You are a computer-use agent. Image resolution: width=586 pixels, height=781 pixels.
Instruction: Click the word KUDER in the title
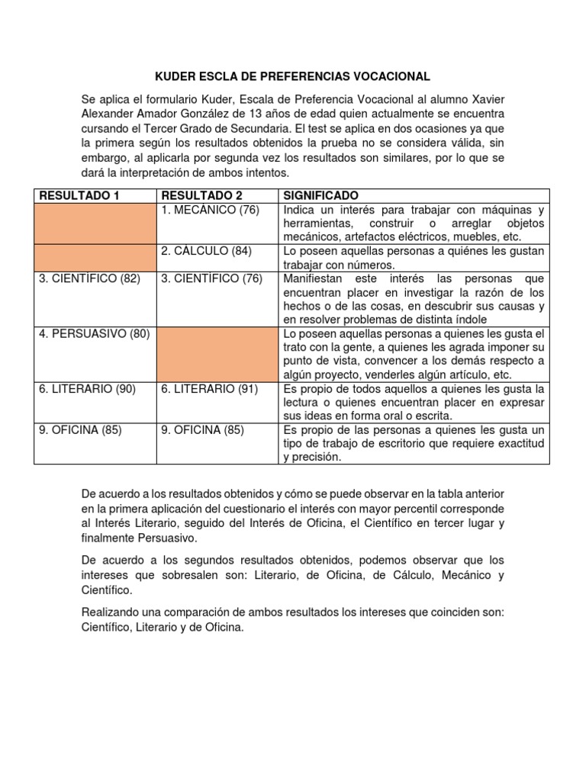(x=175, y=76)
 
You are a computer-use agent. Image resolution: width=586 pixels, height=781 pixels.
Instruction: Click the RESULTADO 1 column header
(x=79, y=196)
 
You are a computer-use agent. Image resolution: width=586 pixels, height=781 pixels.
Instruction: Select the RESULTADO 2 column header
(x=201, y=196)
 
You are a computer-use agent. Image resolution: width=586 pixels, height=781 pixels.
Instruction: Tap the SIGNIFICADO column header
(x=320, y=196)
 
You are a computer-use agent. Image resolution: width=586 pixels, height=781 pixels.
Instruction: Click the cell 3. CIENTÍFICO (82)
(x=89, y=278)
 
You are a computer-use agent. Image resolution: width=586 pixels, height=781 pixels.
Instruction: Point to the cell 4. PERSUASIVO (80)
(x=95, y=333)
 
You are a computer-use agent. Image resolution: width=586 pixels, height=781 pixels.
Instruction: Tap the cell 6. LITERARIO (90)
(x=87, y=388)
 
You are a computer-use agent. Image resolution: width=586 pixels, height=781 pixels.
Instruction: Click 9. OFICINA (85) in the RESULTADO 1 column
(x=80, y=429)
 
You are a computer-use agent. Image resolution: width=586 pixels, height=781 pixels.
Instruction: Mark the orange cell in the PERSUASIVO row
(x=217, y=354)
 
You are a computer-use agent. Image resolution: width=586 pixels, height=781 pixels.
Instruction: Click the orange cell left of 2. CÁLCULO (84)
(x=95, y=258)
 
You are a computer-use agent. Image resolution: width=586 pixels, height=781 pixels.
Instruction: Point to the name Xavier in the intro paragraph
(x=487, y=101)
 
